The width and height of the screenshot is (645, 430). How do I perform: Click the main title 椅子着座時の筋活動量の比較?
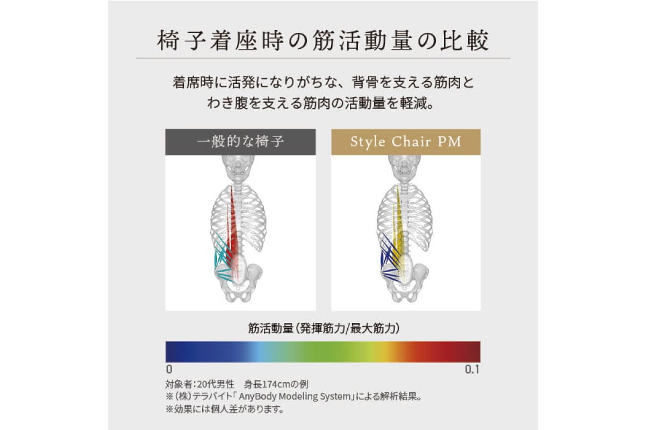[x=322, y=42]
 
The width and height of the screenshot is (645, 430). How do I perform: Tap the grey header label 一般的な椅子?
[x=240, y=142]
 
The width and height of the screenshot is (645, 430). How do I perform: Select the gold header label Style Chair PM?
[x=406, y=142]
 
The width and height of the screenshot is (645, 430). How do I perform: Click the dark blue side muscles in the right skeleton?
[x=387, y=261]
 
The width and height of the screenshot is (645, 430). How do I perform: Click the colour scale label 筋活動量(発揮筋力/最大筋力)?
[x=322, y=327]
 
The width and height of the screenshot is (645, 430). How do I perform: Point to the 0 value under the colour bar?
[x=169, y=370]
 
